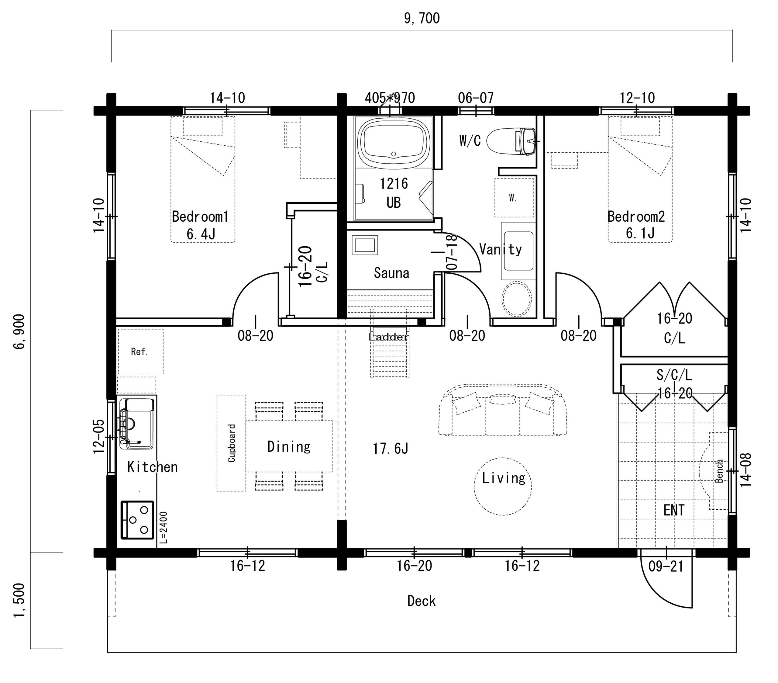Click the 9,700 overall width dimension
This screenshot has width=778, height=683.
[x=422, y=18]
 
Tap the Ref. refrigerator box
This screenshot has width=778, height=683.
[x=140, y=352]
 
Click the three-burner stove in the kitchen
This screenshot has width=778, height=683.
[x=137, y=520]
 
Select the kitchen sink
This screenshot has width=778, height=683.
[x=137, y=423]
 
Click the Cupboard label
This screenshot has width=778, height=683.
[x=231, y=443]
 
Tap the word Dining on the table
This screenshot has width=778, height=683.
[x=289, y=446]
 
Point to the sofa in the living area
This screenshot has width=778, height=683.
[x=502, y=410]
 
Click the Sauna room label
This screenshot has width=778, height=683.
[x=391, y=273]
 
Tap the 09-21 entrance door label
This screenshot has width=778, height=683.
[x=666, y=567]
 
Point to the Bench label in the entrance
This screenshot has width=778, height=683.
[x=719, y=471]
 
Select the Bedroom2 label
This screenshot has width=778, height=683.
[x=636, y=217]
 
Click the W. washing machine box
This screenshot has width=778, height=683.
[x=513, y=198]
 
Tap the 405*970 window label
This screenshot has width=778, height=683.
[x=390, y=98]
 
